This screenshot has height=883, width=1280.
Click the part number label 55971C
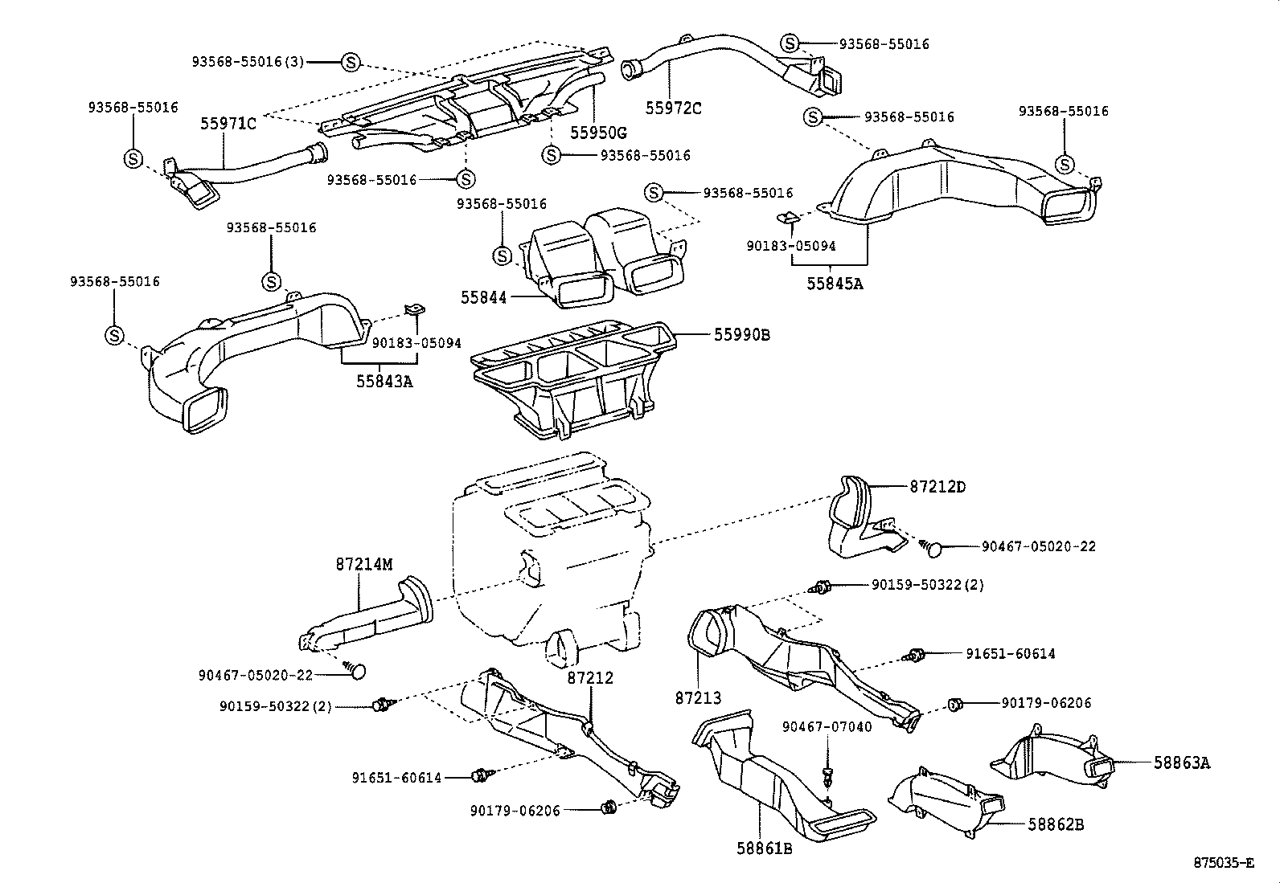(228, 124)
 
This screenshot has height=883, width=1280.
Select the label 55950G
(598, 132)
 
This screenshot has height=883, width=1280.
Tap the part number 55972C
(674, 107)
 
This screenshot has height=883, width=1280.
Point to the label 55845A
(835, 283)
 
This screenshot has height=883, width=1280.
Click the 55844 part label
(483, 297)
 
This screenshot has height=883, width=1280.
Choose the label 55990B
(741, 334)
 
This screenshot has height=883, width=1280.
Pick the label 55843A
(384, 381)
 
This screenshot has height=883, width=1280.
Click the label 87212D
(937, 486)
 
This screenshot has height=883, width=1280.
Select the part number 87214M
(364, 565)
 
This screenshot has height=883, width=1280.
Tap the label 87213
(698, 698)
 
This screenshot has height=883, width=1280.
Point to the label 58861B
(764, 847)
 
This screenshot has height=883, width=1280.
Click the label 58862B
(1056, 824)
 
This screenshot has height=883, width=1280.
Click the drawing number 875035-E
(1223, 864)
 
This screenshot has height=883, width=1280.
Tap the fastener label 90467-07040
(827, 727)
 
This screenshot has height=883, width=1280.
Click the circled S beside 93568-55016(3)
(351, 62)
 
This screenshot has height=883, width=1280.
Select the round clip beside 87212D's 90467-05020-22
(934, 549)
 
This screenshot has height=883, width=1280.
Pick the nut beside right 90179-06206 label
(955, 705)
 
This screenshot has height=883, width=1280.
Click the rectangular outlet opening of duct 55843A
(206, 411)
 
